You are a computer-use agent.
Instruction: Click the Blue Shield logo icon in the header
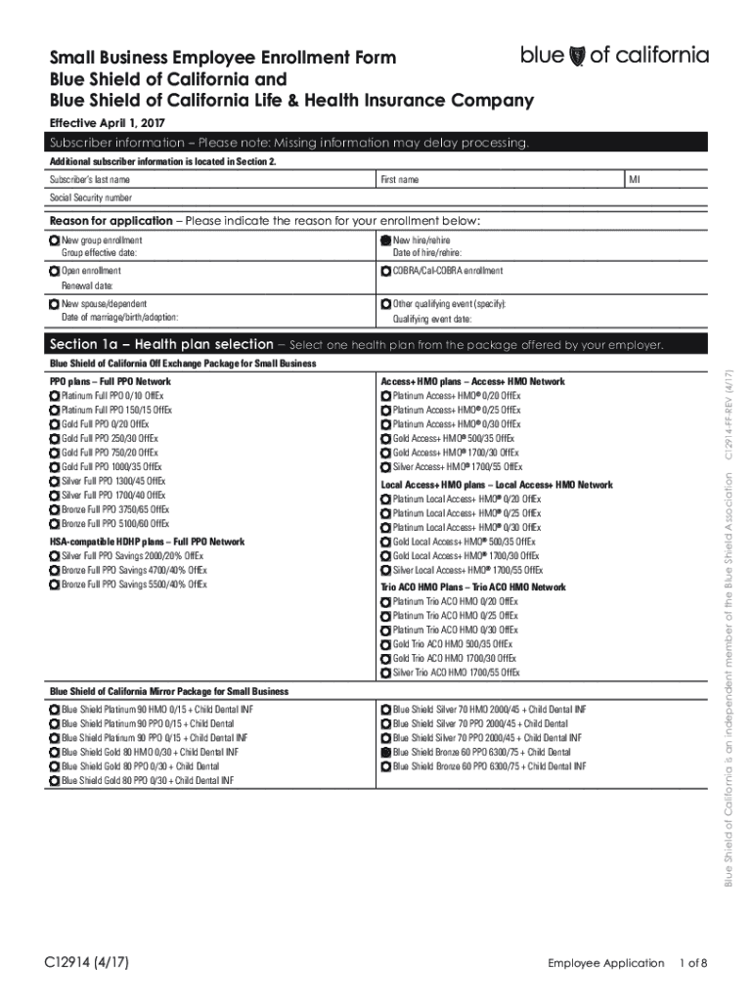577,56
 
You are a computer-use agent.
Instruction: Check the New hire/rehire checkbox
385,240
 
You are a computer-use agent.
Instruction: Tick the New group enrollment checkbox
55,240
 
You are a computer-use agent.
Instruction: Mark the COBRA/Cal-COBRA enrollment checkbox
385,271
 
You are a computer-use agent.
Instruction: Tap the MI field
665,180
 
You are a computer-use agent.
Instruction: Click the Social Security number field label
91,197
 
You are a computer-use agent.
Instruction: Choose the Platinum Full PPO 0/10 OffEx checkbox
55,396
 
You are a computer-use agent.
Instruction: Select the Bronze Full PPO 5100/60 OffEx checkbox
55,524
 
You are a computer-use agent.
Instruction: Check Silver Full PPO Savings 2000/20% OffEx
55,555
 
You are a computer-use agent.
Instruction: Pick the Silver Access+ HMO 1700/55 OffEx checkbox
385,467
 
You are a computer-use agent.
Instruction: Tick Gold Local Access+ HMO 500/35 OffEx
385,542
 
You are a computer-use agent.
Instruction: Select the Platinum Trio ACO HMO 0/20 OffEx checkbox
385,602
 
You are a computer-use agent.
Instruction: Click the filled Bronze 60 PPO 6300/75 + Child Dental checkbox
385,753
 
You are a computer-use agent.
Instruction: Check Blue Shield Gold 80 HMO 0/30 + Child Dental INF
55,753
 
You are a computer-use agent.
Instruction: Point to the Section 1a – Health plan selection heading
161,344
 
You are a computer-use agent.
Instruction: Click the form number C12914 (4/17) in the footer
94,963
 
